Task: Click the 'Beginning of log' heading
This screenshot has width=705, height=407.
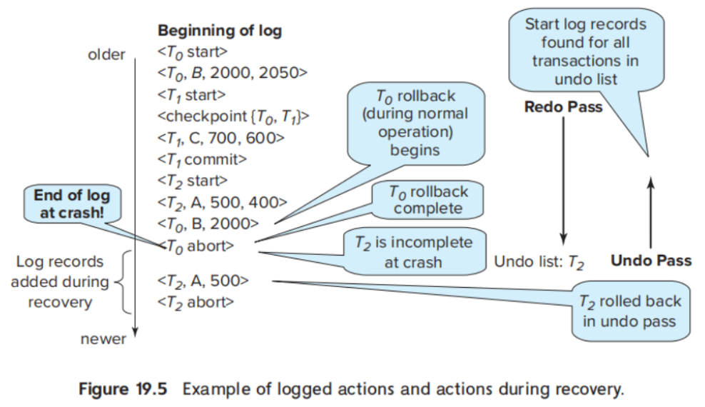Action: coord(220,31)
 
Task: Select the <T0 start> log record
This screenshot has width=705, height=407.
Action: coord(193,52)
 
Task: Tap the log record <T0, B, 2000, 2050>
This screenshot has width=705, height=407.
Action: coord(232,74)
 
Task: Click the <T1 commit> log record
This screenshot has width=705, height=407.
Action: coord(202,160)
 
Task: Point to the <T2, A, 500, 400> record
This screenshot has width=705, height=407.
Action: coord(222,203)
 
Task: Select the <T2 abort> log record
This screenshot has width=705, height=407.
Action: coord(196,302)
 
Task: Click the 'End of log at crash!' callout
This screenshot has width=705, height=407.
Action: coord(72,203)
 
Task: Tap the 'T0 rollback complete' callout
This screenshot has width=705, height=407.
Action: coord(427,200)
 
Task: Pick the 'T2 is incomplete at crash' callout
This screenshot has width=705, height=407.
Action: coord(415,252)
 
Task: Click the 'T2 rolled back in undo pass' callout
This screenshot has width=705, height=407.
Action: coord(630,311)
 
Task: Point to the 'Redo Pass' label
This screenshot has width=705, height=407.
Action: coord(564,107)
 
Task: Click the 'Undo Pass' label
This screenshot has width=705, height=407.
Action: coord(651,261)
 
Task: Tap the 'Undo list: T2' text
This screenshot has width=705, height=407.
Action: coord(539,262)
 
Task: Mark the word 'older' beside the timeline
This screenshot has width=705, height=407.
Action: coord(106,54)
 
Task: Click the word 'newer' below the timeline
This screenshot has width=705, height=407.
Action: coord(103,339)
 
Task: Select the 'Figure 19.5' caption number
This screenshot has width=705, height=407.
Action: coord(123,389)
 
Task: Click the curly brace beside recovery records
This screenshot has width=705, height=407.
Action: coord(123,282)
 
